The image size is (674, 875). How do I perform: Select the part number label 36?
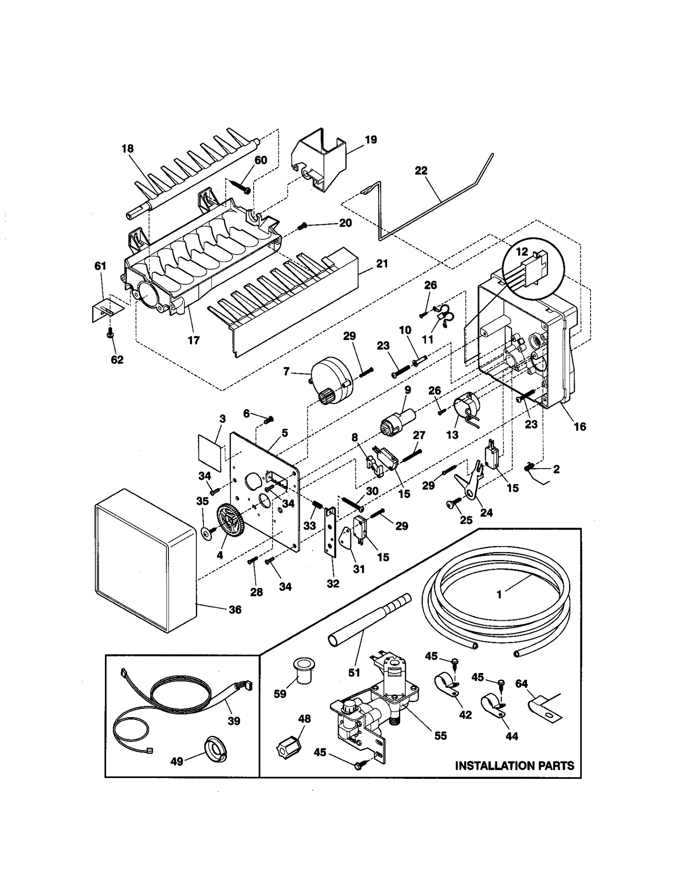235,609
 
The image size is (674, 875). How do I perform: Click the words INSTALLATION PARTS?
515,765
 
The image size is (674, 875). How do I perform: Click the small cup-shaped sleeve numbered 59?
301,678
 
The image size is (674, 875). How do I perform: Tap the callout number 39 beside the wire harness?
234,721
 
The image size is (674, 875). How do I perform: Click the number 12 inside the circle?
522,252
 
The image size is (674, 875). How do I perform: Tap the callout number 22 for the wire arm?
421,170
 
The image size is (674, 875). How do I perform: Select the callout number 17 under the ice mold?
194,340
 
